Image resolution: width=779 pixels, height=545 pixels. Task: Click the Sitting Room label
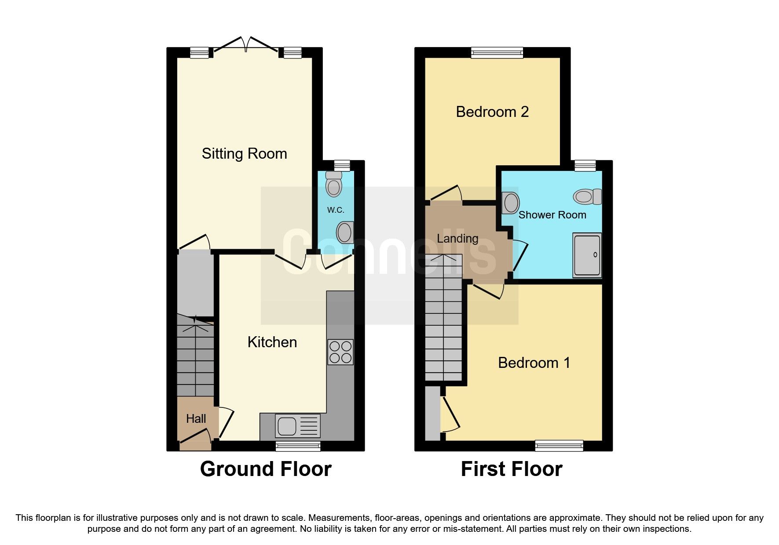[244, 154]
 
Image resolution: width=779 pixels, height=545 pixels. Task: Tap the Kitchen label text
[272, 342]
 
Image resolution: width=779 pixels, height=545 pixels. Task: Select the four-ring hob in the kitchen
[340, 352]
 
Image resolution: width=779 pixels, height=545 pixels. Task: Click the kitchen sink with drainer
[297, 426]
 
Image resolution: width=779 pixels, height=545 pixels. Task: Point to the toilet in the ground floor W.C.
[334, 184]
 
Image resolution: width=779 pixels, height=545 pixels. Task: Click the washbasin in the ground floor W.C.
[345, 232]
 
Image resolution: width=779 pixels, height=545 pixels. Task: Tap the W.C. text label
[336, 210]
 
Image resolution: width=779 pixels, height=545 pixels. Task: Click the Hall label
[196, 418]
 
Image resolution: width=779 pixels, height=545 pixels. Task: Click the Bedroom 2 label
[492, 112]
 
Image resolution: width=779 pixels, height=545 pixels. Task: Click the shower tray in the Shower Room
[587, 255]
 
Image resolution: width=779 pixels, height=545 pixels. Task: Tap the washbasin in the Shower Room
[510, 203]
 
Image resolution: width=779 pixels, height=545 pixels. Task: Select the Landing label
[457, 238]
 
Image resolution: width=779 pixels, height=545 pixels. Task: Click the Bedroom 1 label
[534, 363]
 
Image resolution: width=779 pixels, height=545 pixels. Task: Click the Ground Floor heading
[266, 469]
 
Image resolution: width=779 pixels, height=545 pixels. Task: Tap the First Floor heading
[511, 469]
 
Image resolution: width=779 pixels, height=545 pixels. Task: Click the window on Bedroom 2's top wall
[497, 53]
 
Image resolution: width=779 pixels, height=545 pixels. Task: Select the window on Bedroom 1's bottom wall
[559, 446]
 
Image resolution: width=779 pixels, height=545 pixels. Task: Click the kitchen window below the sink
[298, 446]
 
